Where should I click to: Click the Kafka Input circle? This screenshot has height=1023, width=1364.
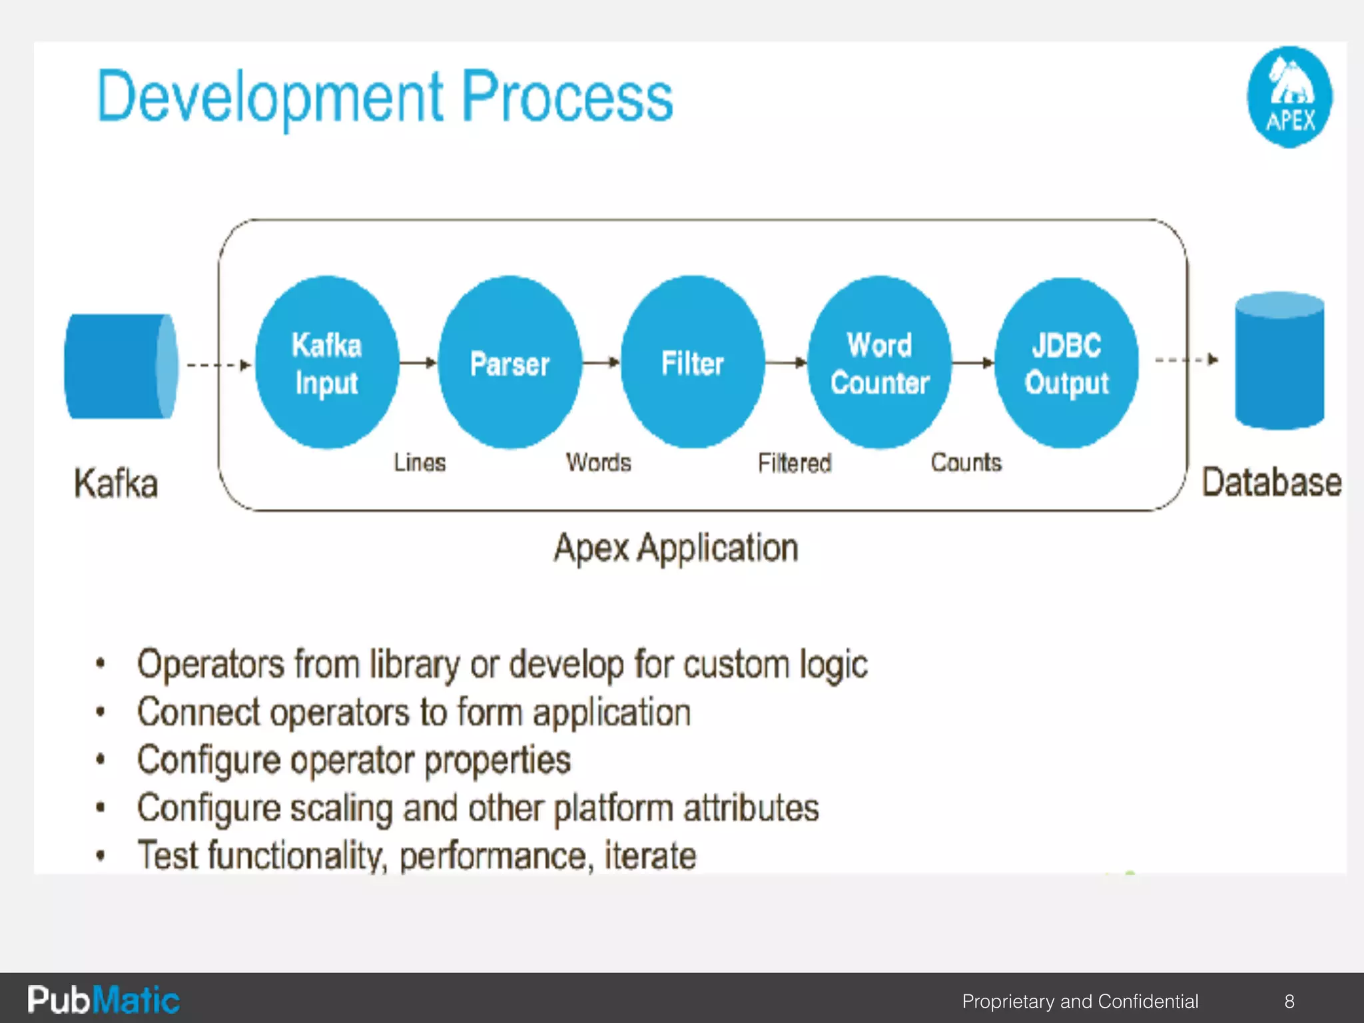tap(326, 363)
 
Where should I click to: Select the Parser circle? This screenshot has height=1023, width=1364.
tap(510, 363)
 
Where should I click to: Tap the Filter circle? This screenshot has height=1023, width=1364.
tap(693, 363)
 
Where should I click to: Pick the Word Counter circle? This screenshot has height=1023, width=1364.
tap(879, 363)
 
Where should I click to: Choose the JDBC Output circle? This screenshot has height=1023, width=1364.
tap(1066, 363)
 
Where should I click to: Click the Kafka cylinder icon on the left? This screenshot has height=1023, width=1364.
tap(121, 366)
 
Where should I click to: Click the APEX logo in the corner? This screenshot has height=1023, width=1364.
tap(1289, 97)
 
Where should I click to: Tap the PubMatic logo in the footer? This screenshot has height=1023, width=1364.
tap(103, 1000)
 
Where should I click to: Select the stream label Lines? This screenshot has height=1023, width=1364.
tap(420, 462)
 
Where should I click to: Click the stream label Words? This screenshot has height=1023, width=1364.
tap(598, 462)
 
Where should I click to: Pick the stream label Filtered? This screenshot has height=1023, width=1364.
tap(795, 463)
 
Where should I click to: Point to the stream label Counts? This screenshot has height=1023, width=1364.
tap(966, 462)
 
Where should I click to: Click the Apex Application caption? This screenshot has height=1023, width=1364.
tap(675, 549)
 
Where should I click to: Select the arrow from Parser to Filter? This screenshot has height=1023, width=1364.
tap(601, 363)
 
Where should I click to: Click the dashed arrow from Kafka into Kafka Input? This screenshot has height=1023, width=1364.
tap(218, 365)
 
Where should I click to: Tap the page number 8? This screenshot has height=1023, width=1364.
tap(1289, 1001)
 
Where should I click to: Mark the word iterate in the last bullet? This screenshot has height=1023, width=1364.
tap(650, 856)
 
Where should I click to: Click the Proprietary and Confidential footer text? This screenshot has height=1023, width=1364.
tap(1080, 1001)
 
